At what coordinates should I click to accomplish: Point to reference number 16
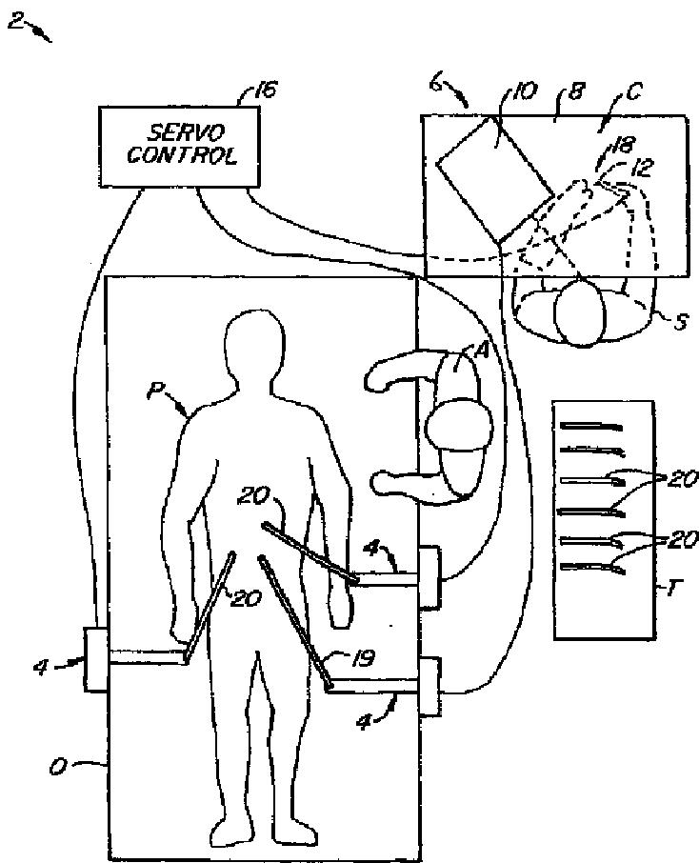click(x=265, y=90)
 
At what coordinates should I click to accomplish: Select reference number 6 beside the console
click(x=435, y=87)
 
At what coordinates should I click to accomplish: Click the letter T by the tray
click(x=671, y=588)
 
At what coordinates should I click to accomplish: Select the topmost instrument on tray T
click(x=591, y=426)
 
